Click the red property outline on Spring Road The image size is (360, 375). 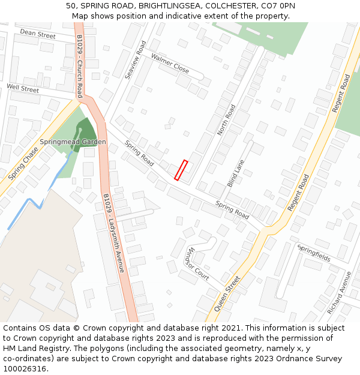[181, 170]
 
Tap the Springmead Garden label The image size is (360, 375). [73, 142]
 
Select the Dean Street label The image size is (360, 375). [37, 34]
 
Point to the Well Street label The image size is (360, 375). [23, 89]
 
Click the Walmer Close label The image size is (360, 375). [170, 63]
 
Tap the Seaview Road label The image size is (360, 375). [136, 60]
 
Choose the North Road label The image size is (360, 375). [226, 119]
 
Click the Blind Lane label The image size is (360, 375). [236, 173]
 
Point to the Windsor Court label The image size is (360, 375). [197, 264]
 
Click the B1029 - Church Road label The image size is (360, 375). [80, 65]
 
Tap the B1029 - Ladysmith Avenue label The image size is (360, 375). [113, 233]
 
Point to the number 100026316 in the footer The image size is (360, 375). [25, 368]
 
